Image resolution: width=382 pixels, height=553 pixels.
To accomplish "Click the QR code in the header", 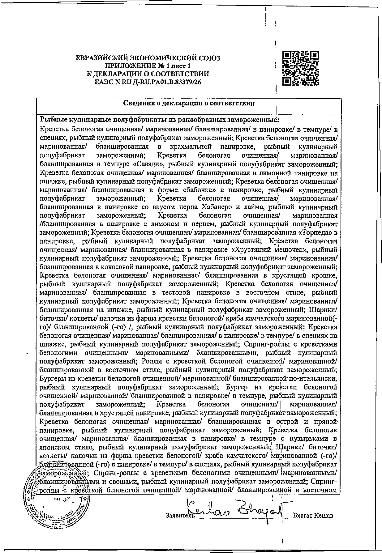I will point(301,68).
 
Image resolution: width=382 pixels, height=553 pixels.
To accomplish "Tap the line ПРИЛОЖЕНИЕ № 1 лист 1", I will point(148,66).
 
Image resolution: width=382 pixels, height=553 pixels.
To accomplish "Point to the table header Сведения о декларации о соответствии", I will point(189,103).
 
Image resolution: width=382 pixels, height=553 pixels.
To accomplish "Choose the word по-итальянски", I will point(315,378).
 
